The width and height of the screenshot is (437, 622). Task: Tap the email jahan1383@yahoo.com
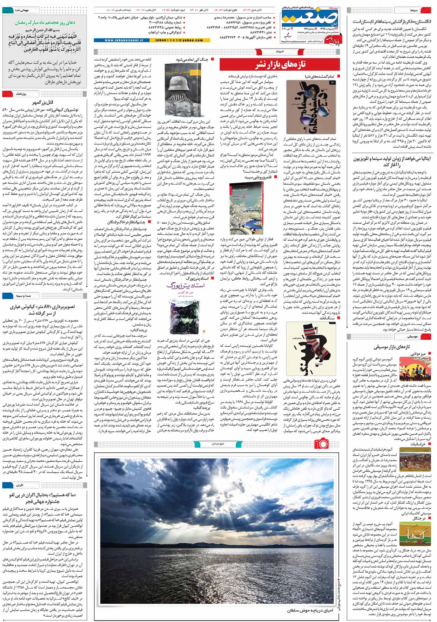click(181, 41)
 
